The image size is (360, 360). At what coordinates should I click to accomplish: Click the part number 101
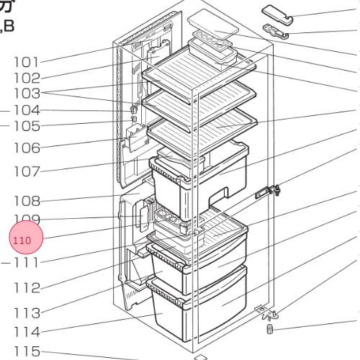coord(27,62)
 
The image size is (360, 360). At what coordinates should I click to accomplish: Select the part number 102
coord(27,78)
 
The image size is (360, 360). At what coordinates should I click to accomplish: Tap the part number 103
coord(27,94)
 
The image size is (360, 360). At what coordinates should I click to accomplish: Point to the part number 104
coord(27,110)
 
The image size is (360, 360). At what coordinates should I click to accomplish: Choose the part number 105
coord(27,126)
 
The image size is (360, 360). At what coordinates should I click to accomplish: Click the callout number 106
coord(27,148)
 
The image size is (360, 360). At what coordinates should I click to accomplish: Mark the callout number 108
coord(27,201)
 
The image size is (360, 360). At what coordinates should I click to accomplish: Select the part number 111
coord(27,263)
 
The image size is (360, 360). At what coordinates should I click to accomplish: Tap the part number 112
coord(27,288)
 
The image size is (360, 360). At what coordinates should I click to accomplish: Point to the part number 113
coord(27,313)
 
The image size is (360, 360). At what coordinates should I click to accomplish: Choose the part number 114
coord(27,333)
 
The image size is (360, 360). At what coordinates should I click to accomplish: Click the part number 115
coord(27,351)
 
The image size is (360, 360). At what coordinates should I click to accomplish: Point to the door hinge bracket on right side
coord(271,192)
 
